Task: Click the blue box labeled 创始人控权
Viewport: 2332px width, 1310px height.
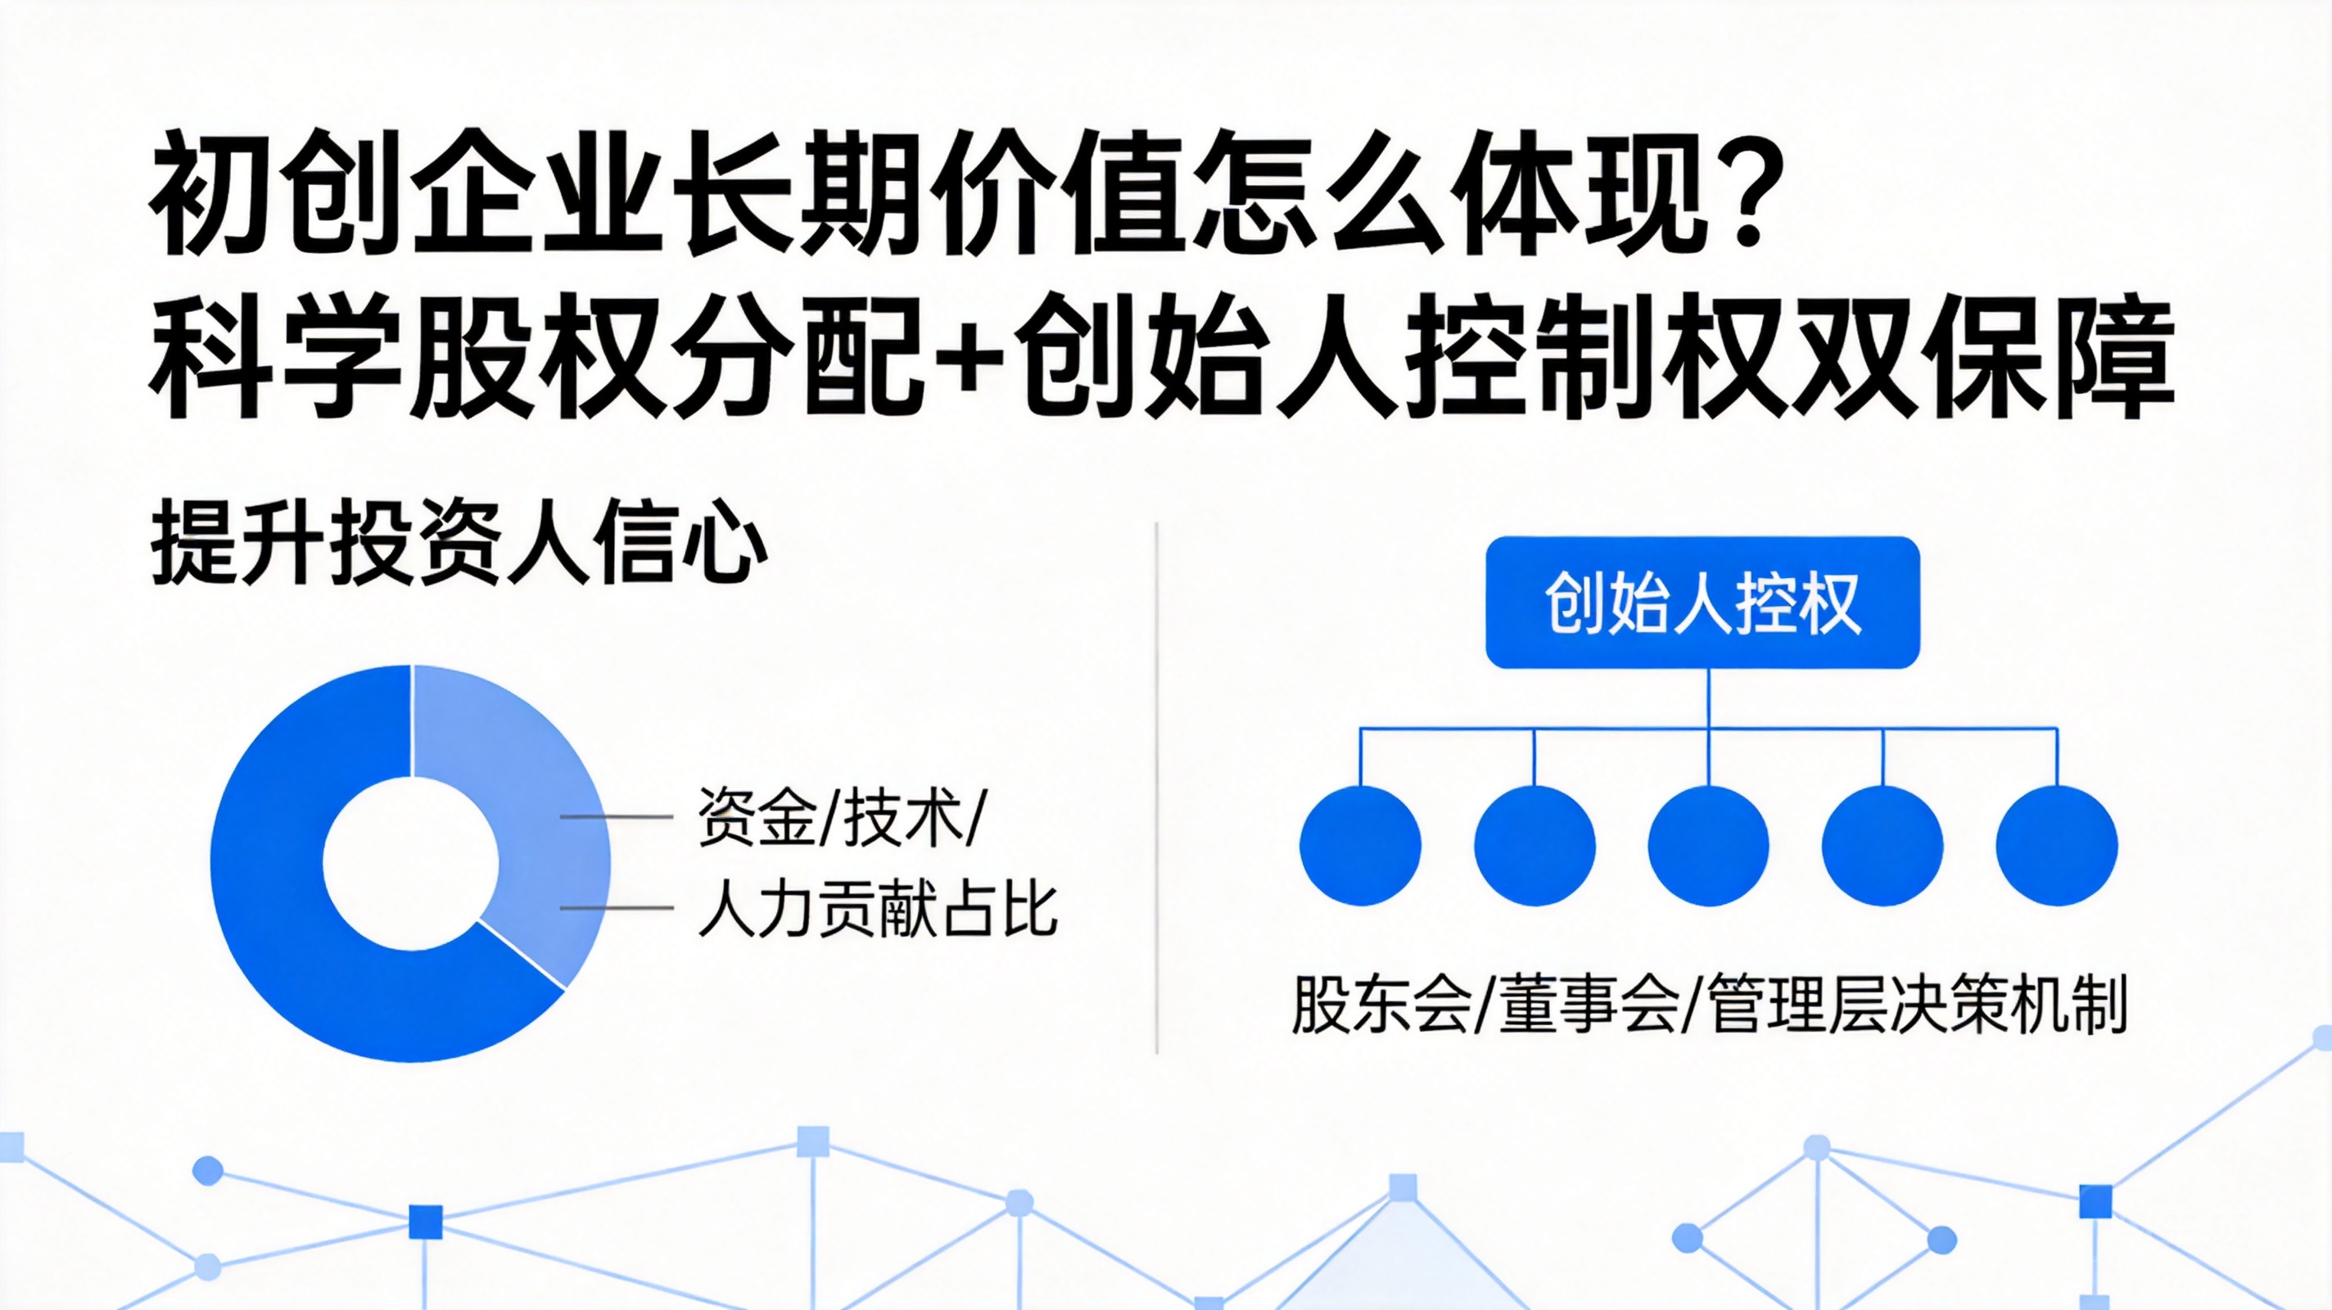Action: tap(1703, 602)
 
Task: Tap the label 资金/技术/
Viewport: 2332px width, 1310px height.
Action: tap(839, 817)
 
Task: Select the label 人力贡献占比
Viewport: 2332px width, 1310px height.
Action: tap(877, 908)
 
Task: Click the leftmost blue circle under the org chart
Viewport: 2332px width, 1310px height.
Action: tap(1360, 846)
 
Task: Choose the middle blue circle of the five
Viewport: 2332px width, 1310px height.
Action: tap(1708, 846)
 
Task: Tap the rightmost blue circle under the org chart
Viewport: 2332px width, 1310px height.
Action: tap(2057, 846)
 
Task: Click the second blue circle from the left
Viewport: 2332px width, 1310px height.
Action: tap(1534, 846)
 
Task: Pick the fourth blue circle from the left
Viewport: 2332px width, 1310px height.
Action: tap(1883, 846)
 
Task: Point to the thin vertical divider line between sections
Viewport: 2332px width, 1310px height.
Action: tap(1157, 788)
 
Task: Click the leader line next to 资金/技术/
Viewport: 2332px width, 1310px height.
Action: tap(617, 816)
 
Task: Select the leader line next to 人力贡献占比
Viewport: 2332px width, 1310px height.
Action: tap(617, 907)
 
